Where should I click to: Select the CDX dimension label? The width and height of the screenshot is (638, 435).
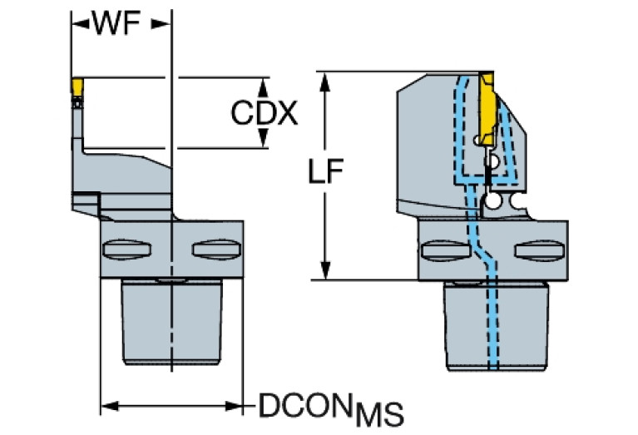pyautogui.click(x=264, y=113)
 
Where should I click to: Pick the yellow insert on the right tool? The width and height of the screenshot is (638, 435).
pyautogui.click(x=487, y=105)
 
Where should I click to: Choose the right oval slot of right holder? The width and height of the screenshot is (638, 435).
pyautogui.click(x=532, y=250)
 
